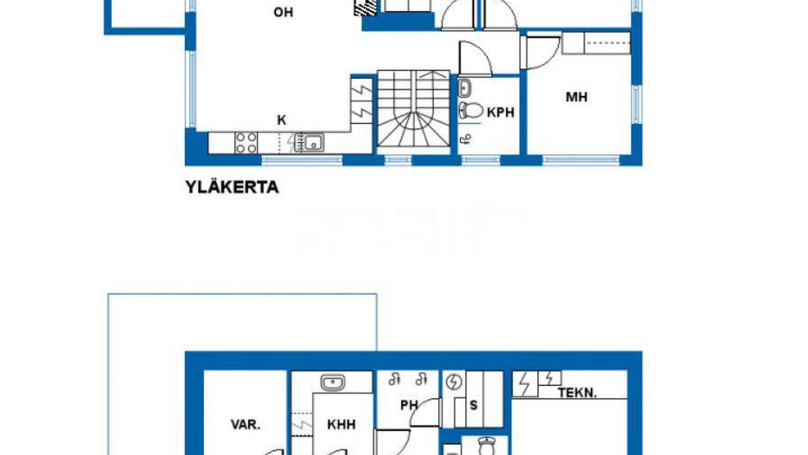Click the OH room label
click(x=283, y=12)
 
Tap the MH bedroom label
click(x=576, y=97)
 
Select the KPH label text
click(x=501, y=112)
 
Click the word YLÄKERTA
click(x=232, y=187)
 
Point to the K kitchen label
click(x=282, y=120)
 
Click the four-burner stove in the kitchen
click(x=246, y=143)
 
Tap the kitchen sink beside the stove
click(x=309, y=143)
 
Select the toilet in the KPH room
click(x=471, y=110)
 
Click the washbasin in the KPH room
click(x=465, y=88)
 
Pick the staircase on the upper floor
click(x=413, y=108)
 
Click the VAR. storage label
click(x=246, y=425)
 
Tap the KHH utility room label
click(x=342, y=425)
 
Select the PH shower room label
click(x=409, y=405)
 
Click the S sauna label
click(x=473, y=405)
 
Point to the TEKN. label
click(x=577, y=393)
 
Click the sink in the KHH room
click(x=332, y=382)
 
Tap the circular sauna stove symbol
click(x=454, y=382)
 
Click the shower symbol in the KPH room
click(x=466, y=139)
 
